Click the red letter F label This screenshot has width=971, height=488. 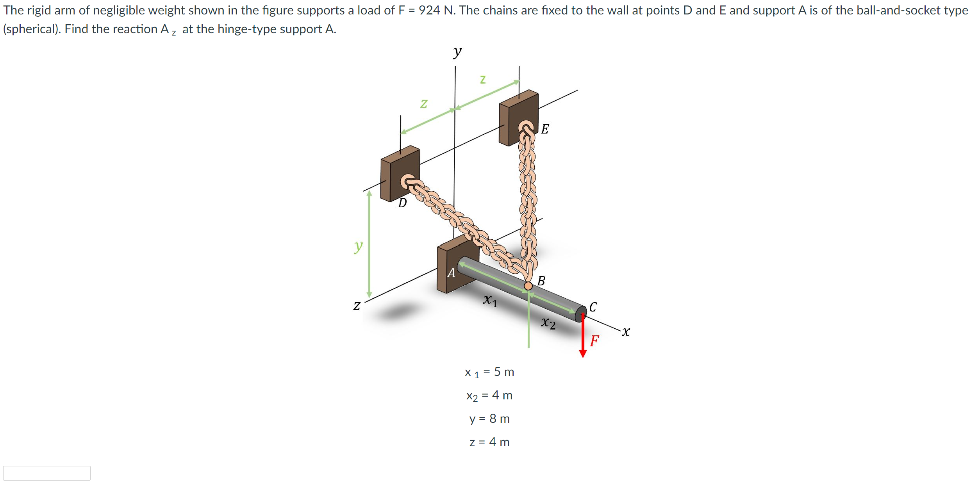594,341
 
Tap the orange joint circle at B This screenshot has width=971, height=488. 528,286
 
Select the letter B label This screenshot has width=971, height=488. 541,281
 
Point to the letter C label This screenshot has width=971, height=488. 593,307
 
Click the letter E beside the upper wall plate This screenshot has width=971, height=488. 545,129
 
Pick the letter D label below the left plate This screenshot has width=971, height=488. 402,203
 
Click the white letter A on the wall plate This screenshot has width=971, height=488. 451,272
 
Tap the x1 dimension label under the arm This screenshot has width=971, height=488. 491,301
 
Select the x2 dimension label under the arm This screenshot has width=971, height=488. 548,323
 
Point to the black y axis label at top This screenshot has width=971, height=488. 457,52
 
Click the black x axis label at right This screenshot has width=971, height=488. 626,331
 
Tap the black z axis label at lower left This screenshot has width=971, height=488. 357,305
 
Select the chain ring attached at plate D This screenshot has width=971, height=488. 408,182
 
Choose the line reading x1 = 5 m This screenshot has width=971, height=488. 489,372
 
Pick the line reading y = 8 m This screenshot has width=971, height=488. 489,419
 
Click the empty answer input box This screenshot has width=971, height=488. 47,473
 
